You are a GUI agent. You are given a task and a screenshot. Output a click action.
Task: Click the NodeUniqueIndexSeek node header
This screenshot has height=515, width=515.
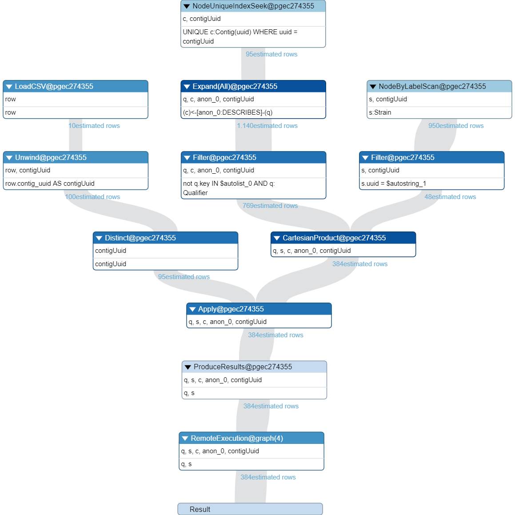pyautogui.click(x=253, y=6)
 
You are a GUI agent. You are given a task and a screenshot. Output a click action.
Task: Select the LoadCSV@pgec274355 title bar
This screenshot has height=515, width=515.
pyautogui.click(x=76, y=86)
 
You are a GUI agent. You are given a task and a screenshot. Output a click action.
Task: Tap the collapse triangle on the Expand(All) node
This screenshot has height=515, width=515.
pyautogui.click(x=187, y=87)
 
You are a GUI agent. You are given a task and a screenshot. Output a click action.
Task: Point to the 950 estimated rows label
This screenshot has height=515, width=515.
pyautogui.click(x=456, y=126)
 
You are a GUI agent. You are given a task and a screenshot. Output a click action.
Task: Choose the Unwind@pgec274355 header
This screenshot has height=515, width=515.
pyautogui.click(x=76, y=157)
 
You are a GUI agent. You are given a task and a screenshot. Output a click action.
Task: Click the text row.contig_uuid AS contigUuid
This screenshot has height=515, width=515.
pyautogui.click(x=50, y=184)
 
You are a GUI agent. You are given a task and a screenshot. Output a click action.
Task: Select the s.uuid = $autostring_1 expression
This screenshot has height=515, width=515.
pyautogui.click(x=394, y=184)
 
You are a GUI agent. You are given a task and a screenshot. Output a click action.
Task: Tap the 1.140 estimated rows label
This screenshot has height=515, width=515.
pyautogui.click(x=267, y=126)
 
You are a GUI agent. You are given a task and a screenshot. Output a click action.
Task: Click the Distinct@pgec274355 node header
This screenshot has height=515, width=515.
pyautogui.click(x=165, y=238)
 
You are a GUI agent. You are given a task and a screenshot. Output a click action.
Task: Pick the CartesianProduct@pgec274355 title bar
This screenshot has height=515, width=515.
pyautogui.click(x=343, y=238)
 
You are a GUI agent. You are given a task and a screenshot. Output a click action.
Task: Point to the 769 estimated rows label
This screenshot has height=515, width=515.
pyautogui.click(x=270, y=206)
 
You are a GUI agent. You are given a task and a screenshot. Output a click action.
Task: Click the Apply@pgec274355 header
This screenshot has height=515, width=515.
pyautogui.click(x=259, y=309)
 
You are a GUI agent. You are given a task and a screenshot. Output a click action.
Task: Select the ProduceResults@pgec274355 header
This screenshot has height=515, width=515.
pyautogui.click(x=254, y=367)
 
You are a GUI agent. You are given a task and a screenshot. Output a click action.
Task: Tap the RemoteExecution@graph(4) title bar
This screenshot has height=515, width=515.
pyautogui.click(x=252, y=438)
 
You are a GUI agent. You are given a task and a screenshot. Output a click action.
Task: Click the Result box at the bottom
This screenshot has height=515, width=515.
pyautogui.click(x=250, y=509)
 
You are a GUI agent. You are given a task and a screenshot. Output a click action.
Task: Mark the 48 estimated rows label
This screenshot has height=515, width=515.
pyautogui.click(x=450, y=197)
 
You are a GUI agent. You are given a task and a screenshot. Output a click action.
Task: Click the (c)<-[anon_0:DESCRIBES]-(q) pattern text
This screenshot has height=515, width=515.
pyautogui.click(x=228, y=112)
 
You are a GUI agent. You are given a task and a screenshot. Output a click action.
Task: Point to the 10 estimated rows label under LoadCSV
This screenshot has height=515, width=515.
pyautogui.click(x=94, y=126)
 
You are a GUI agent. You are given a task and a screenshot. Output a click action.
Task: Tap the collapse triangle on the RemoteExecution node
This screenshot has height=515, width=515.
pyautogui.click(x=185, y=439)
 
